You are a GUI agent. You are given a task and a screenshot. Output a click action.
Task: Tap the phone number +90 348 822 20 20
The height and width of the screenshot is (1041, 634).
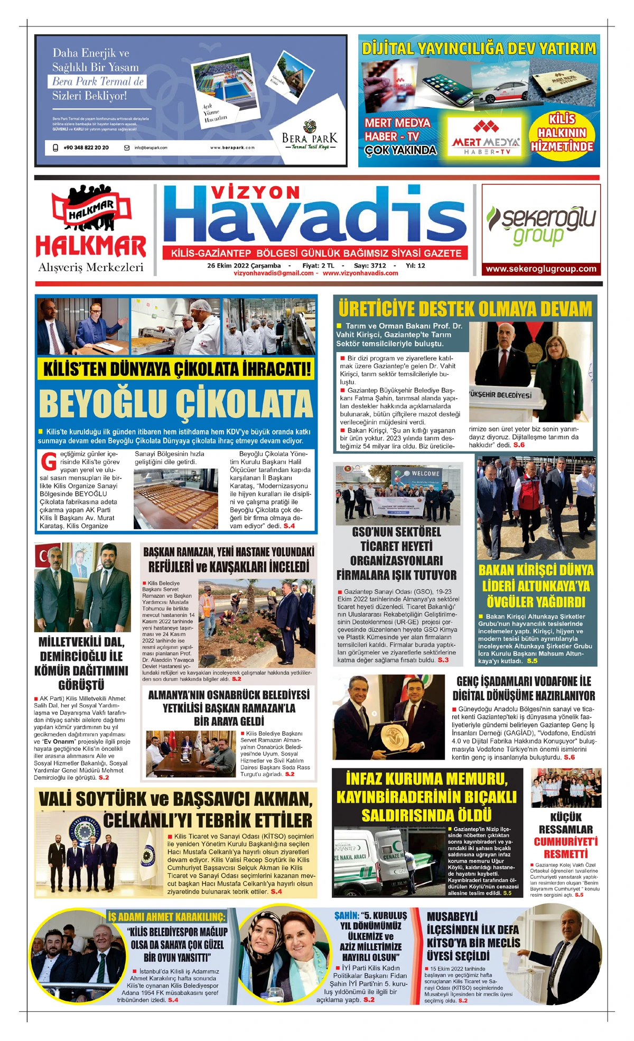click(86, 148)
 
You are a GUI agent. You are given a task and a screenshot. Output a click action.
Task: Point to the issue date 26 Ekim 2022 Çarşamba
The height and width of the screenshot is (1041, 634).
click(244, 265)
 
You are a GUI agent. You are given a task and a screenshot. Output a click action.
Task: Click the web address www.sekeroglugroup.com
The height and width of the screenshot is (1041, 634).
click(540, 269)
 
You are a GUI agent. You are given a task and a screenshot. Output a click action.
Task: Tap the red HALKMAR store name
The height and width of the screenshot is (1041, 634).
click(90, 246)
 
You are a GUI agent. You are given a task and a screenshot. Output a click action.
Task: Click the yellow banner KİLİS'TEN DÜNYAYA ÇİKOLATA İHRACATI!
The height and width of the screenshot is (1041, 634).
click(176, 369)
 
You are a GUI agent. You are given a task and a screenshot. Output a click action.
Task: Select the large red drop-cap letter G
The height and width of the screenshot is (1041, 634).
click(49, 462)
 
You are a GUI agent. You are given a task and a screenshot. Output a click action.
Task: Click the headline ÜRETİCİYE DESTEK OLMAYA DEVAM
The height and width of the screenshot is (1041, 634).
click(464, 309)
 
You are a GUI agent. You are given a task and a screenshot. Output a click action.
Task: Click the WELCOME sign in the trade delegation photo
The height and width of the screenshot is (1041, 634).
click(425, 474)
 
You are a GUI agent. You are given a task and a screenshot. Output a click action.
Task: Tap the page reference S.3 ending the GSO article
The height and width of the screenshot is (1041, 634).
click(443, 660)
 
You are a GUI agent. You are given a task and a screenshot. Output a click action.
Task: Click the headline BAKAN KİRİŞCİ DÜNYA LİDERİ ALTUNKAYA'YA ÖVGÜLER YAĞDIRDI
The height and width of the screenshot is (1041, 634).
click(536, 586)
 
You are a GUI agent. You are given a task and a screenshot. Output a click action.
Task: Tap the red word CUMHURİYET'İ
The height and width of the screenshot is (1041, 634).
click(565, 841)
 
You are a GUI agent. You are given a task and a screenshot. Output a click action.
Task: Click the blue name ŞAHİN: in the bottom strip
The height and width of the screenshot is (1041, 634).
click(346, 916)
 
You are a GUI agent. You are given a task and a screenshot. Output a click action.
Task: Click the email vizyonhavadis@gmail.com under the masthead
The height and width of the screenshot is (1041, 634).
click(274, 273)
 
